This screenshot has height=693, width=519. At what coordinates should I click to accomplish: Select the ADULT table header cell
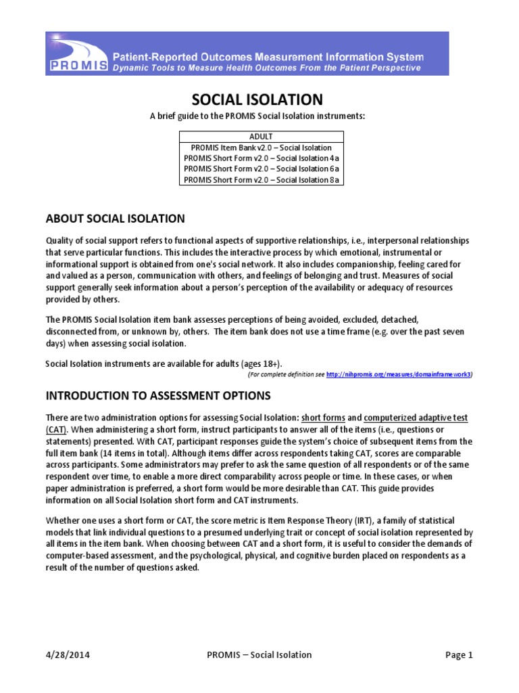[261, 137]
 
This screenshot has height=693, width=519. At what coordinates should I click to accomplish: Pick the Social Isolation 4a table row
[261, 158]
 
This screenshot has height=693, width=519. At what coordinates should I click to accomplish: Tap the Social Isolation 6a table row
[261, 169]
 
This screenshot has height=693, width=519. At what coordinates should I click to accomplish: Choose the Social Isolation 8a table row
[261, 180]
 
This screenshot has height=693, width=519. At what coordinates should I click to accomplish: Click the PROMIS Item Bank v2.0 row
[261, 148]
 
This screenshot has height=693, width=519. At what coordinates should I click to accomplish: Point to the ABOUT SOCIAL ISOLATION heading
[115, 218]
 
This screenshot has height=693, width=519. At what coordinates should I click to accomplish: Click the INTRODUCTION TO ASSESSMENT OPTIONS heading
[157, 395]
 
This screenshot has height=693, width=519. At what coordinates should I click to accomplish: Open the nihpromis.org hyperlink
[398, 374]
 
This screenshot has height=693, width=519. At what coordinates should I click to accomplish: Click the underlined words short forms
[323, 418]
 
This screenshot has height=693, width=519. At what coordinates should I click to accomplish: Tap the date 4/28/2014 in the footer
[68, 654]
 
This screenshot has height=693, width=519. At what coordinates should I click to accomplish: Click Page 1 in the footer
[458, 654]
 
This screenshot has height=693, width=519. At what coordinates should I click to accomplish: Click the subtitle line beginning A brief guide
[257, 116]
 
